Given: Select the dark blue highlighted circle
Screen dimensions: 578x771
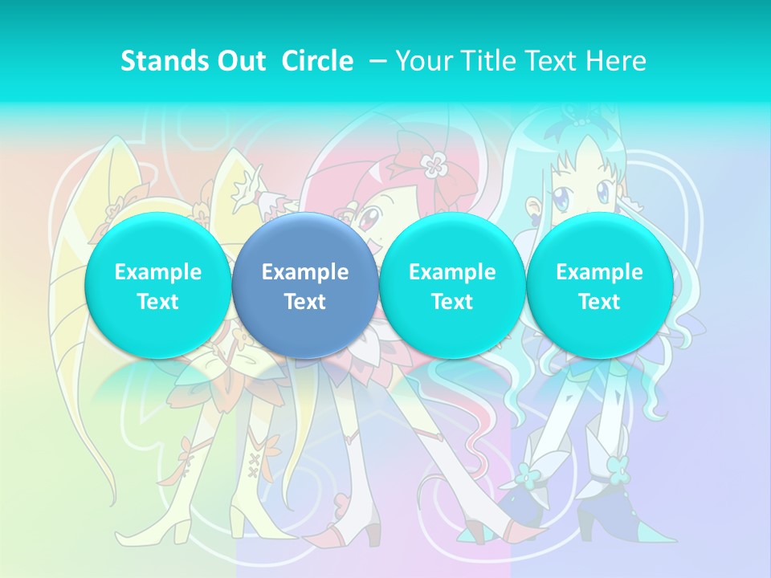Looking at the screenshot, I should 305,286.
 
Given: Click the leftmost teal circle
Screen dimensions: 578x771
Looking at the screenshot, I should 157,286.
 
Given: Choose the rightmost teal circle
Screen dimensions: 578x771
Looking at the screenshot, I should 599,286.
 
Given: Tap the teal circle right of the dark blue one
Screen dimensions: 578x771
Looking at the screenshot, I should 452,286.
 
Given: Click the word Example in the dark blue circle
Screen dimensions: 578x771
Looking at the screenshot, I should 305,272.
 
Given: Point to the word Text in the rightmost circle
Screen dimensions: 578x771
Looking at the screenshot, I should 599,302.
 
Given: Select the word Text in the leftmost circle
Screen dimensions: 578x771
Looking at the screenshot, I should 157,302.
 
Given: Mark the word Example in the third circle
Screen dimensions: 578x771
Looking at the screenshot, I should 452,272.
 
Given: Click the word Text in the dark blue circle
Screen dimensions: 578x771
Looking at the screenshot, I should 305,302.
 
